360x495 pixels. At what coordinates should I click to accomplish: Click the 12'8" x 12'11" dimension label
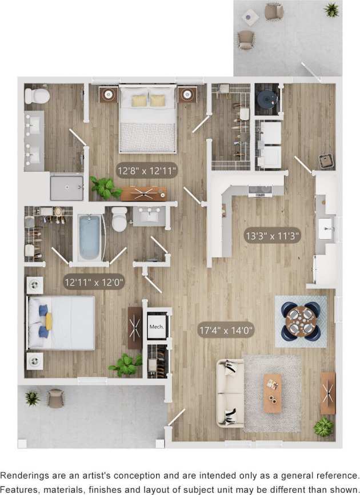(x=147, y=170)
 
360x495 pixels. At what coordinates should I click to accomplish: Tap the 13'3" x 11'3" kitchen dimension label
(x=273, y=235)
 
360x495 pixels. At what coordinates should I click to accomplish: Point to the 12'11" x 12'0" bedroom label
(x=93, y=281)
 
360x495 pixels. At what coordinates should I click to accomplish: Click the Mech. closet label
(x=157, y=327)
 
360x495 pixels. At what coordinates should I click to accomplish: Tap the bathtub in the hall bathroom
(x=90, y=237)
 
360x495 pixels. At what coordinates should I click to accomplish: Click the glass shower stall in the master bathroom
(x=66, y=187)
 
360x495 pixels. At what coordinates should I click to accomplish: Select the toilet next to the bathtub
(x=119, y=219)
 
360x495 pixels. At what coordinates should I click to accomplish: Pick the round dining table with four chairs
(x=301, y=320)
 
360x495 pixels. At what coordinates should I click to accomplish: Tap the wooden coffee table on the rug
(x=273, y=393)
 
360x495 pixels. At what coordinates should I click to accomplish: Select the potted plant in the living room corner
(x=323, y=426)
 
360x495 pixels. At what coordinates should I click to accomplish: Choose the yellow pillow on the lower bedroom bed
(x=49, y=321)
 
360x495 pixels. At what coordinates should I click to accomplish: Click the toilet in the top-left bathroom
(x=37, y=95)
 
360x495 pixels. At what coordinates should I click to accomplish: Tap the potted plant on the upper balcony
(x=331, y=10)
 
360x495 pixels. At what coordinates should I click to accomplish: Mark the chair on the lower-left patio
(x=55, y=398)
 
